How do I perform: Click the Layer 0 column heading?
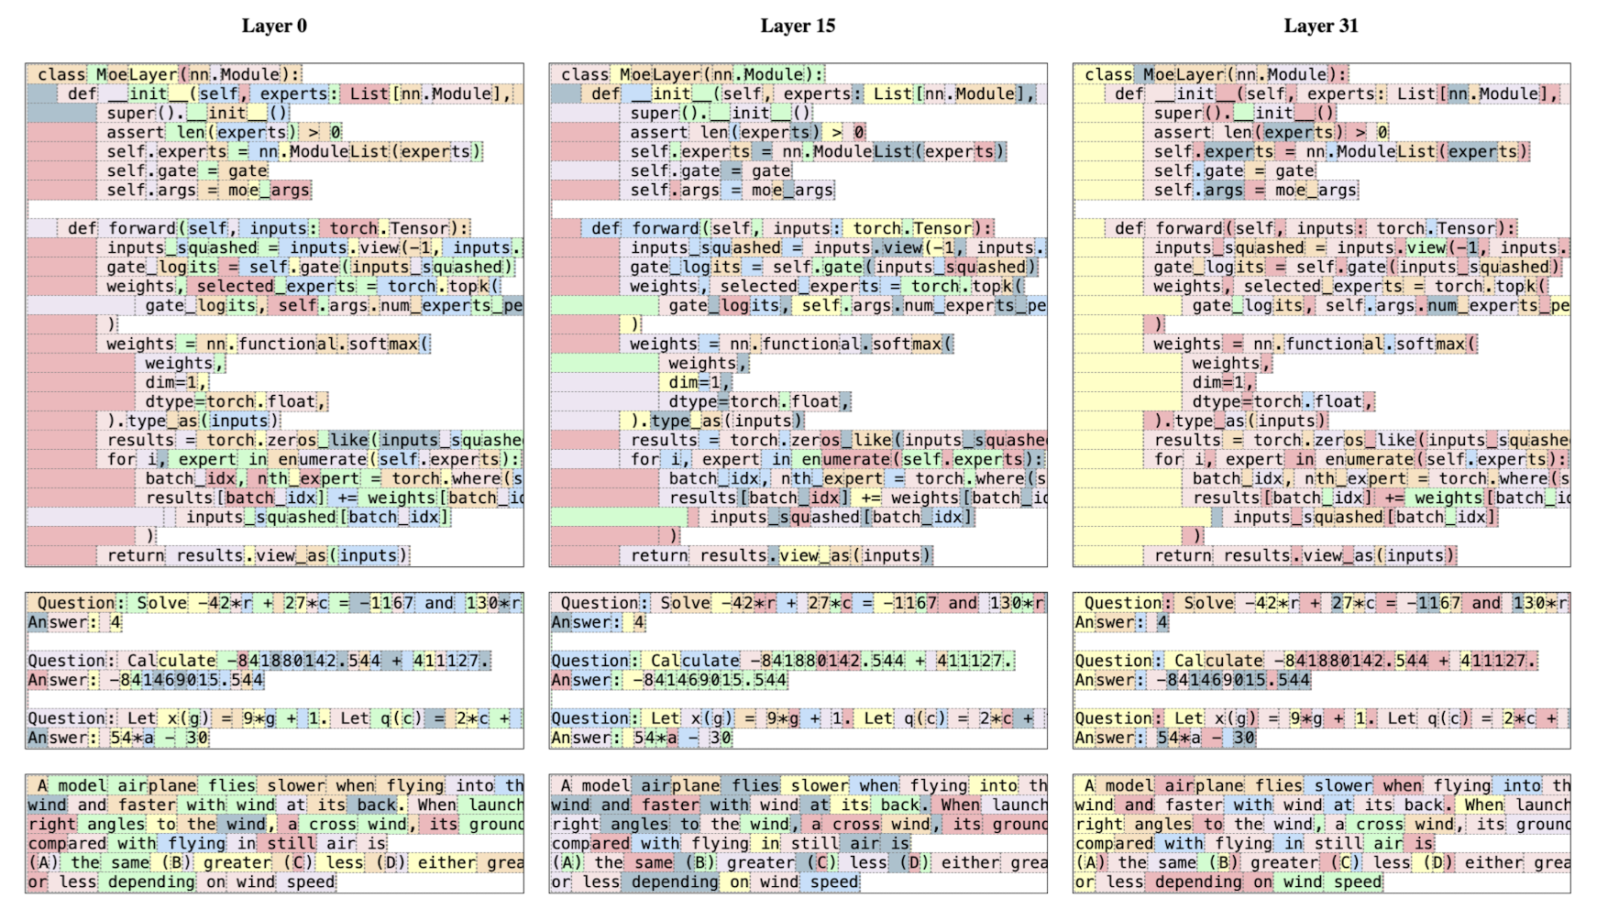(x=274, y=26)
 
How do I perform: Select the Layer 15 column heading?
(x=798, y=26)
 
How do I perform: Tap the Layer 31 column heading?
(x=1321, y=26)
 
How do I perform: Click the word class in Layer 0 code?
(x=61, y=74)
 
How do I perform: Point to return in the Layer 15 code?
(x=659, y=555)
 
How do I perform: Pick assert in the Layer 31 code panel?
(x=1183, y=132)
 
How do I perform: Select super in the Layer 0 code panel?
(x=131, y=113)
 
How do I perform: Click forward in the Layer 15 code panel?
(x=666, y=228)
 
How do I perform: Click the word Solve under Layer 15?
(x=686, y=603)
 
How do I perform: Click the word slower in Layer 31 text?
(x=1343, y=785)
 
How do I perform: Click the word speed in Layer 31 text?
(x=1359, y=882)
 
